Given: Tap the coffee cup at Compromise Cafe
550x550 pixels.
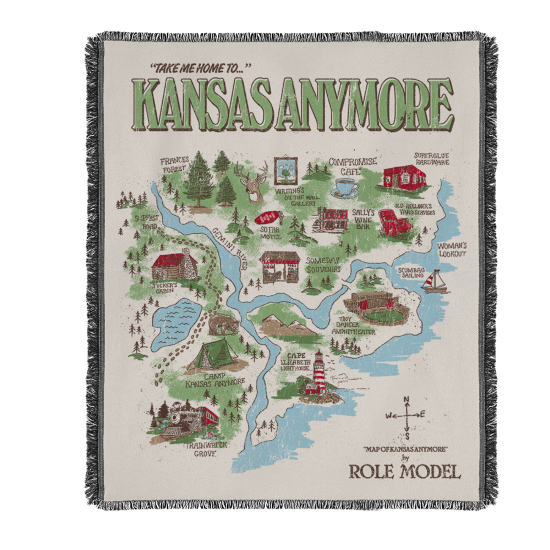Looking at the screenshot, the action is point(345,187).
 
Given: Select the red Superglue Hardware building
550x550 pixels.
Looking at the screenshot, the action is point(404,177).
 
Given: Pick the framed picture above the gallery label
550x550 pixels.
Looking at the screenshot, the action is point(285,171).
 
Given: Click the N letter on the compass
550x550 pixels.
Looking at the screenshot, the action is point(406,400).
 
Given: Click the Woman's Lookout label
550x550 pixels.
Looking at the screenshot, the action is point(452,249).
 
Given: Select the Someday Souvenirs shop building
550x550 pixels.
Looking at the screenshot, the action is point(279,267).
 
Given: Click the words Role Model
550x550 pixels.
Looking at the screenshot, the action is point(404,472).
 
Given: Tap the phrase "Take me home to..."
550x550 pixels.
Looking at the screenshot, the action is point(200,69).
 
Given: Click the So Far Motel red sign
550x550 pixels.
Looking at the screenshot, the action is point(268,218).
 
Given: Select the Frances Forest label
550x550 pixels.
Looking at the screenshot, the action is point(174,165).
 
